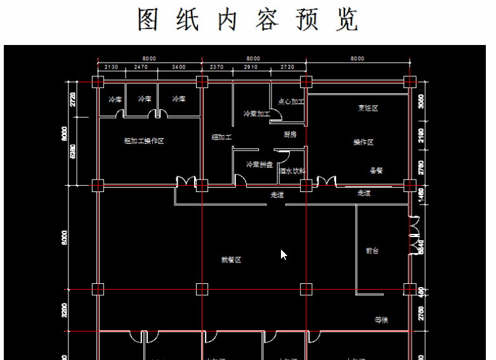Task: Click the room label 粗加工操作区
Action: (144, 141)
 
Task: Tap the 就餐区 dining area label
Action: (231, 260)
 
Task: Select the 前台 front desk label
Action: (372, 251)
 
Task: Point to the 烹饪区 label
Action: (368, 108)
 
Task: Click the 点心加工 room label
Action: (291, 101)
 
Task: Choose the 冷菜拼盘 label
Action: (259, 165)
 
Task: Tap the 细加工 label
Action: (222, 137)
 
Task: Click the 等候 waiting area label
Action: (381, 320)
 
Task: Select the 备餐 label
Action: (376, 170)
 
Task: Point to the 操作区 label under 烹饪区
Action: (363, 142)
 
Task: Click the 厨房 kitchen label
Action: (290, 134)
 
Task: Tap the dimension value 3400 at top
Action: (179, 67)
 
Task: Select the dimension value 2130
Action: (111, 67)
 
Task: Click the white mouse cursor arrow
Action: (284, 254)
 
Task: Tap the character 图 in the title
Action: (148, 20)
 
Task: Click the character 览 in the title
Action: (348, 20)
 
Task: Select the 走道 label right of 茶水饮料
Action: (364, 193)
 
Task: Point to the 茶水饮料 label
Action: (292, 170)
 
